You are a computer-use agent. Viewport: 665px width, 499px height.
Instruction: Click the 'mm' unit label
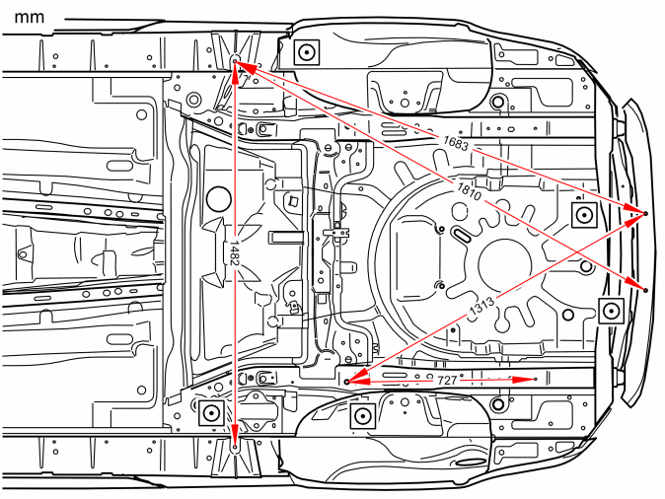pos(30,18)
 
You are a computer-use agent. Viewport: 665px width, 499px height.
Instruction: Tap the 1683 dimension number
pos(456,143)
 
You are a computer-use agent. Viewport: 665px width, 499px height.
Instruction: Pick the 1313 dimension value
pos(481,307)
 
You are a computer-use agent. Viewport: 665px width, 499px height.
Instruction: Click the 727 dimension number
pos(447,381)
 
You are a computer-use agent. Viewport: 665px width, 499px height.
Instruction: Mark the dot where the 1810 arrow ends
pos(645,290)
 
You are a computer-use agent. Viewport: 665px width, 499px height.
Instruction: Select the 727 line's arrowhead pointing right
pos(523,380)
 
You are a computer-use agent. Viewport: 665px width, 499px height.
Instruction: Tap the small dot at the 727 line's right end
pos(536,379)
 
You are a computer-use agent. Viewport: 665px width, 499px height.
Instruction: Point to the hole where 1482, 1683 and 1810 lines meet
pos(235,60)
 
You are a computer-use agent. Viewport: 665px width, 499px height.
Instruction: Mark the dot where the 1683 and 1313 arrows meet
pos(646,213)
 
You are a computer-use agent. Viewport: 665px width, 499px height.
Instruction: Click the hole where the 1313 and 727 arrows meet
pos(347,382)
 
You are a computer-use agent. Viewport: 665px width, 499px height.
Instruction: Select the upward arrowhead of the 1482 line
pos(236,74)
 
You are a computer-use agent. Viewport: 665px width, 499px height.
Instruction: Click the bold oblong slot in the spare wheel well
pos(461,235)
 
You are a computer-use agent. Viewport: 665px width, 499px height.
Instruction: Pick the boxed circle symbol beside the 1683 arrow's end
pos(585,215)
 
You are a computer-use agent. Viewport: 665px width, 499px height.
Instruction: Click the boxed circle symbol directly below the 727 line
pos(363,416)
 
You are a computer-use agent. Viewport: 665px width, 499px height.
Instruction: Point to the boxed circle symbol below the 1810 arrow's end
pos(611,311)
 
